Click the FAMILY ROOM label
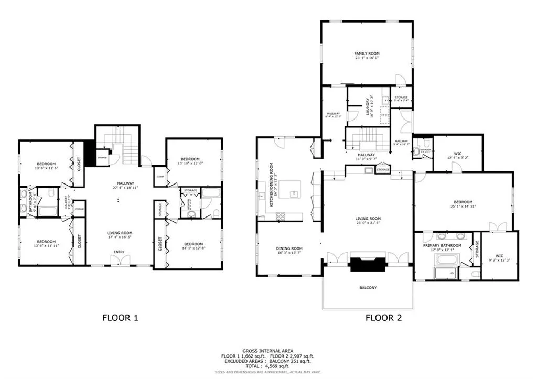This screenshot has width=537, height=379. pos(367,53)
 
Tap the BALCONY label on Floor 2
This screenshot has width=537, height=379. pos(368,288)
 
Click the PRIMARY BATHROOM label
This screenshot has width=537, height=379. pos(442,245)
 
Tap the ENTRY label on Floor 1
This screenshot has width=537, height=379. pos(119,252)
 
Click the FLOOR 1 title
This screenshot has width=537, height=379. pos(120,317)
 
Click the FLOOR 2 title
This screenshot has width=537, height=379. pos(383,317)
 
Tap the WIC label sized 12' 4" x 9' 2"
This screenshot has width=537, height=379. pos(456,156)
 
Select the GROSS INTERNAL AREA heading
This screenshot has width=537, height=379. pos(268,351)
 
